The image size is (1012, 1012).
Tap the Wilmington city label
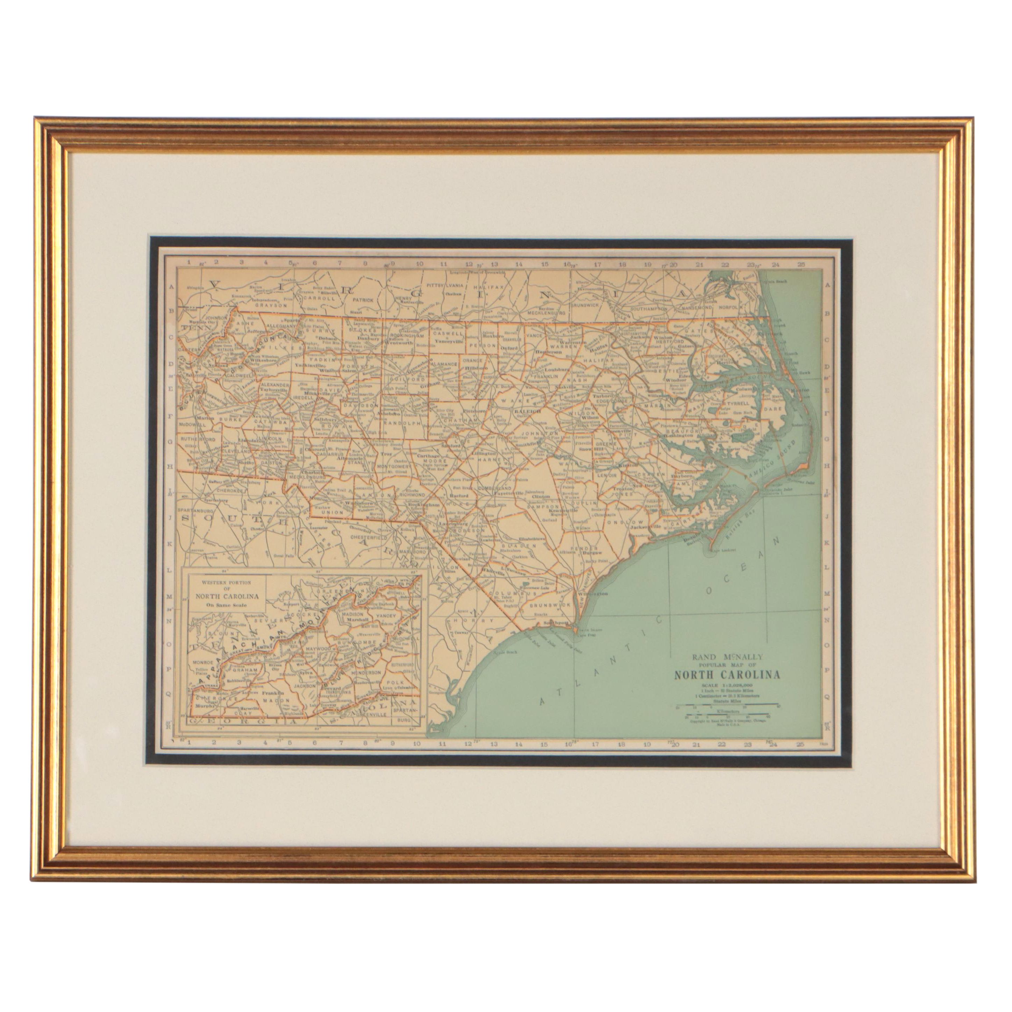592,594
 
